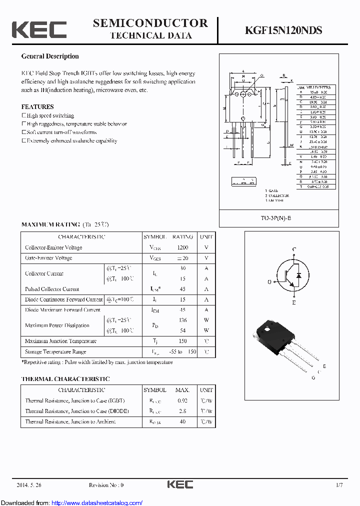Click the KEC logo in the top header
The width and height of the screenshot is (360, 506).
39,29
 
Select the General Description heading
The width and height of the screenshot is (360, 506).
50,56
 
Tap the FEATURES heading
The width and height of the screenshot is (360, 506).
37,106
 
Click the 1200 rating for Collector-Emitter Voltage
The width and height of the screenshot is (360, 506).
182,247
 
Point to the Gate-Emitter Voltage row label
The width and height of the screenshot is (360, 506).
48,258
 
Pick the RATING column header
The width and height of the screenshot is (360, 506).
182,237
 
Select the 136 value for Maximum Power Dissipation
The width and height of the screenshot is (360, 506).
182,320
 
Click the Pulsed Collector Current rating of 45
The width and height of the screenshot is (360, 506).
182,289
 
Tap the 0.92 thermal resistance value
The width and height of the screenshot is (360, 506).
182,400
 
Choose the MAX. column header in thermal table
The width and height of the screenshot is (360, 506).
182,390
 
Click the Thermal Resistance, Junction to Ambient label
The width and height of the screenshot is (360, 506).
70,421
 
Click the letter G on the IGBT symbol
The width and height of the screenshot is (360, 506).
269,282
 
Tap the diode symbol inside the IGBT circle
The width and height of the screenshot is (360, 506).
299,275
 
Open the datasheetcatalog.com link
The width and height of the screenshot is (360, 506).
97,502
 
